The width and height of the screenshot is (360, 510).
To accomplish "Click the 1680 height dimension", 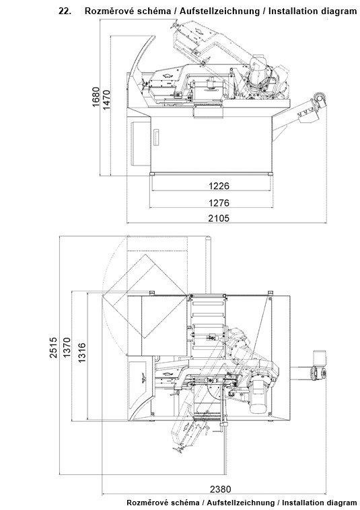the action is [96, 98].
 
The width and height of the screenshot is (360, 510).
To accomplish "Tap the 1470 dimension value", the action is [107, 100].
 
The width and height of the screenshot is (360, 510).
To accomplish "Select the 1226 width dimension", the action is [219, 186].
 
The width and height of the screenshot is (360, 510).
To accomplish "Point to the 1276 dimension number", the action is [219, 203].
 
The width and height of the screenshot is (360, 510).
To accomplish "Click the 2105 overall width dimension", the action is [219, 218].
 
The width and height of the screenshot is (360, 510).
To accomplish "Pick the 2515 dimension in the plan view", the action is [53, 347].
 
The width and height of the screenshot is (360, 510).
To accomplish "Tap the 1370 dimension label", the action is [67, 347].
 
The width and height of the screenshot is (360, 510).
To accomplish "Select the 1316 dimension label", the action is [82, 353].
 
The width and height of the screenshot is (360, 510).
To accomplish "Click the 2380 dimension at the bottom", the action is [221, 489].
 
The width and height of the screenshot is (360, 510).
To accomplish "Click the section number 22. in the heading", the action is [65, 11].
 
